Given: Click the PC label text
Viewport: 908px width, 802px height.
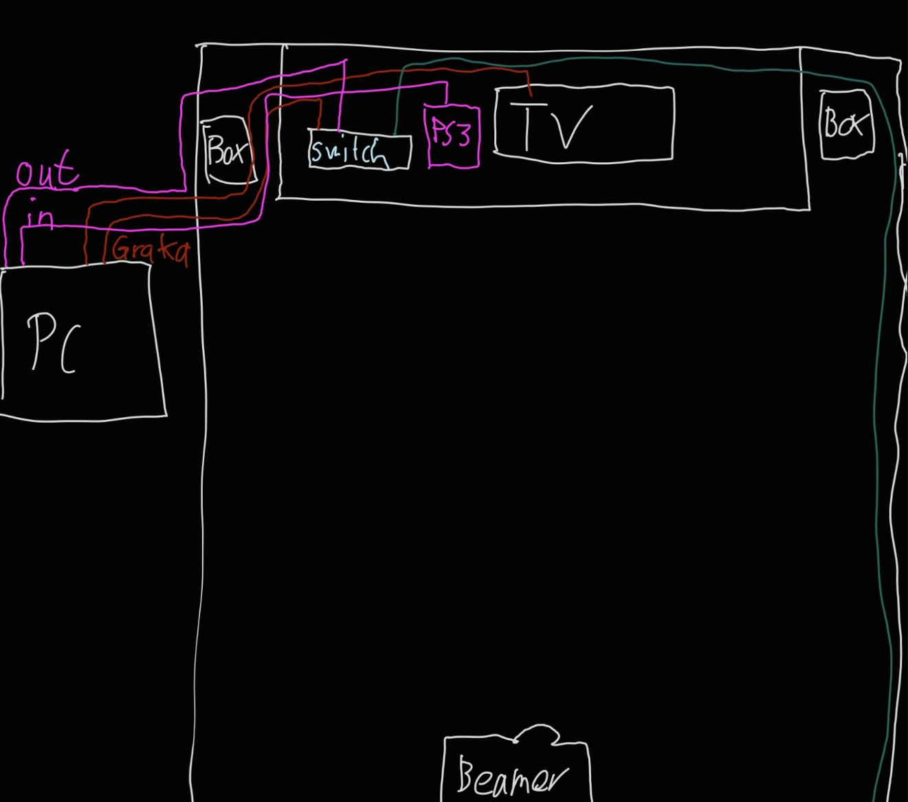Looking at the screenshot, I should [54, 344].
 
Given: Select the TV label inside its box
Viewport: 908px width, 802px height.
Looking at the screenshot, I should [557, 127].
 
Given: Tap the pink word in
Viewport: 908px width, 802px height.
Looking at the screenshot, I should [40, 217].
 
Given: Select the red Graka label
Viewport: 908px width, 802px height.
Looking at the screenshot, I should [150, 250].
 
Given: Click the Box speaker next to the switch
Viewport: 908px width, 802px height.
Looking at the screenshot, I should [225, 151].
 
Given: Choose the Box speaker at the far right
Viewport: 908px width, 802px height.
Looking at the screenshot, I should [846, 124].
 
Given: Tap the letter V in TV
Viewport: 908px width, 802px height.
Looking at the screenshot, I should [572, 127].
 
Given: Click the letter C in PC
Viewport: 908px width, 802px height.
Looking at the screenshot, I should [69, 350].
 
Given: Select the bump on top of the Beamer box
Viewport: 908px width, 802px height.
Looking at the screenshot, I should [540, 733].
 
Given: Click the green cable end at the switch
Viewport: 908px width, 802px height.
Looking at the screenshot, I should [395, 132].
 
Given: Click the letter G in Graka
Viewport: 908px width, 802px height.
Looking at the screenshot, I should [120, 248].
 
